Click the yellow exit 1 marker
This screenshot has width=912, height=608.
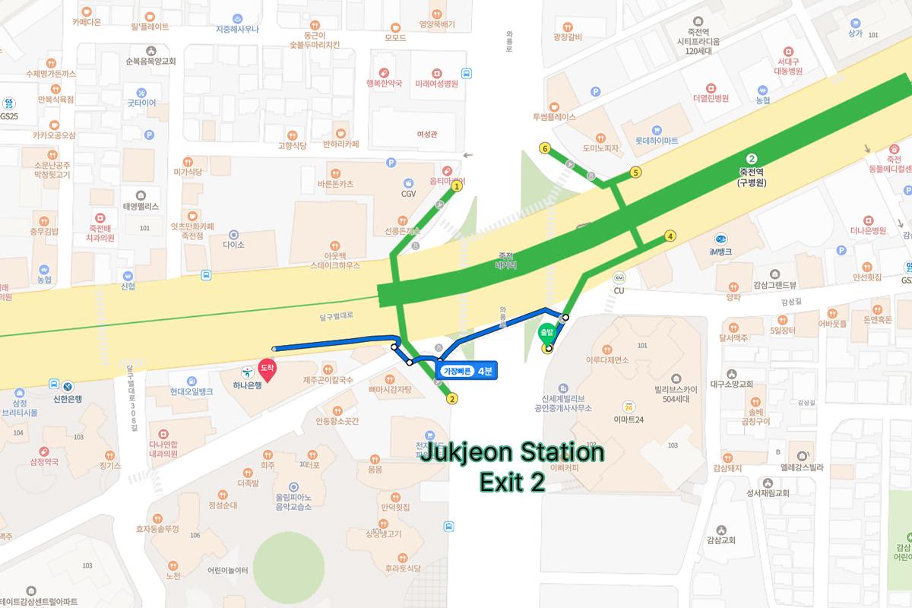(457, 185)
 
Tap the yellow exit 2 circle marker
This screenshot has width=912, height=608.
(452, 398)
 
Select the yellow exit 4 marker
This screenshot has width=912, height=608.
(670, 236)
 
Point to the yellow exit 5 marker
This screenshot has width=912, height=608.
(635, 173)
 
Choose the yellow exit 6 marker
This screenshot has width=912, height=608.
(545, 148)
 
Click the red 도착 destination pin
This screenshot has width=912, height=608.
(267, 368)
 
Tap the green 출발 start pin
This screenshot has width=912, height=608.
(546, 333)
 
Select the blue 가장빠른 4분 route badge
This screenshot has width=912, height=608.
(467, 370)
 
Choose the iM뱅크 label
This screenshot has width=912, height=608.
(720, 252)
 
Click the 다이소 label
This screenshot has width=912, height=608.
(233, 245)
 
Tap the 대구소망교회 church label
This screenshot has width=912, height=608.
(731, 384)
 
